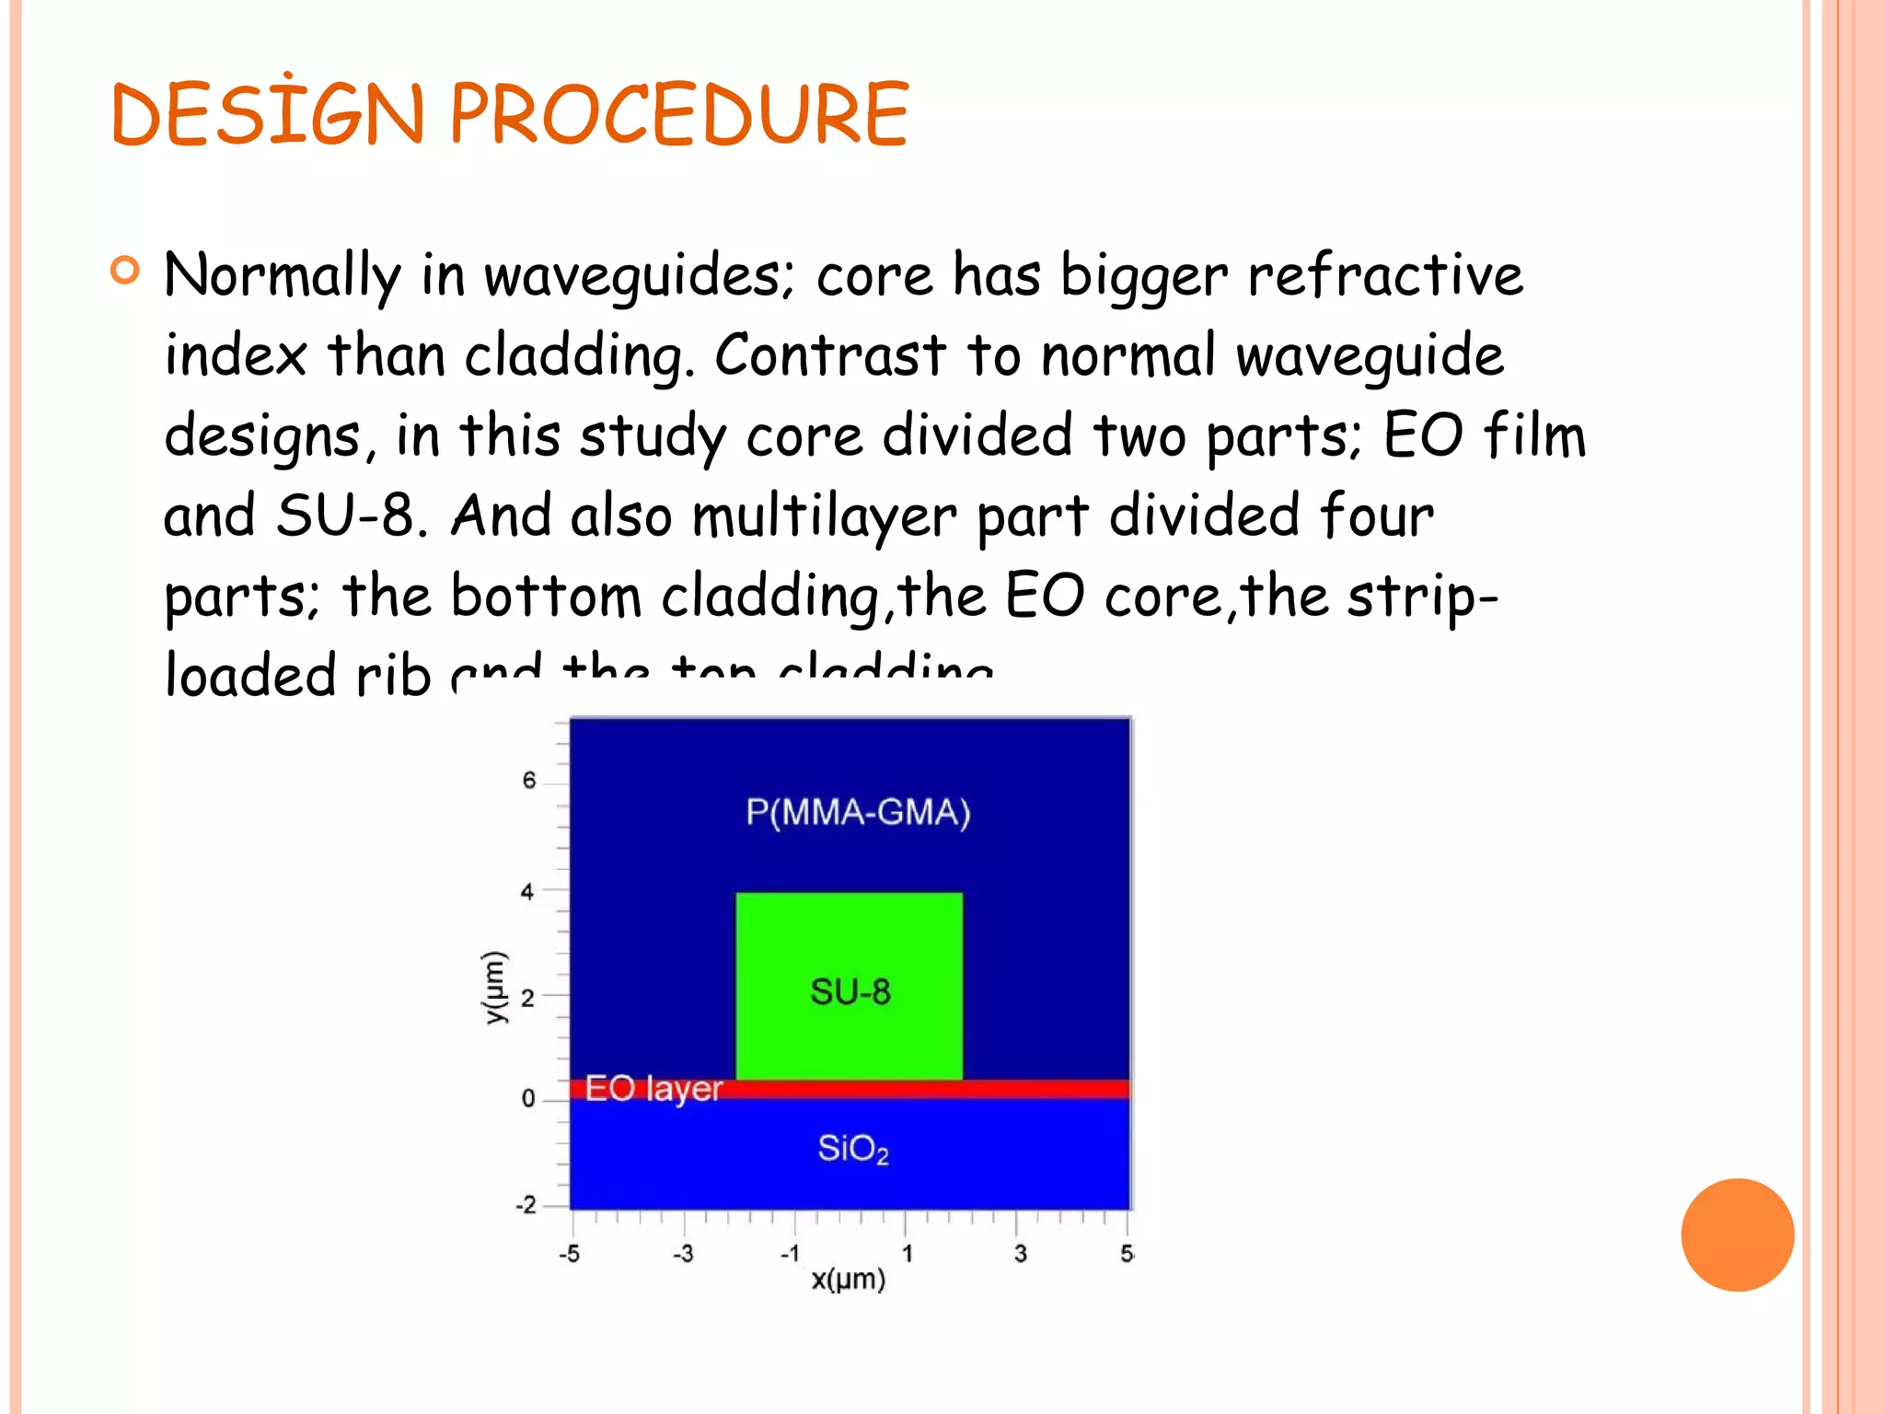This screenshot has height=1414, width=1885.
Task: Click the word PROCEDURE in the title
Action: tap(678, 114)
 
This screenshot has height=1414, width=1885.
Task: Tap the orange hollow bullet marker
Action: tap(124, 271)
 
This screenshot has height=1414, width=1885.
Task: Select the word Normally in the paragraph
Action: tap(282, 276)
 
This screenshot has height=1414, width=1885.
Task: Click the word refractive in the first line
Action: tap(1384, 274)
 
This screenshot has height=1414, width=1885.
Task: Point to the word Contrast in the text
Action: tap(829, 354)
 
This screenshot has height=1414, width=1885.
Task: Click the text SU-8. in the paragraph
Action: tap(352, 515)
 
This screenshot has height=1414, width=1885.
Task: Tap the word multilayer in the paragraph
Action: tap(824, 516)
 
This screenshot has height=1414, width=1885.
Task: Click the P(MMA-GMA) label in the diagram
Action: tap(857, 812)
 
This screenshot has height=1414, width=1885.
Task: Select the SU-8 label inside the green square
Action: tap(850, 991)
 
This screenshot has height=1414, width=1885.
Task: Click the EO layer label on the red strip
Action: tap(653, 1089)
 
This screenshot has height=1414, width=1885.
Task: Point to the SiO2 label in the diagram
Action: tap(852, 1149)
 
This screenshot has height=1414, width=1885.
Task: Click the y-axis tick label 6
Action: tap(528, 782)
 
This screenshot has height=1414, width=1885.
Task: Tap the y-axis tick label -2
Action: tap(526, 1205)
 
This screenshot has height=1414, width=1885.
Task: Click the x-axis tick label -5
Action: tap(570, 1254)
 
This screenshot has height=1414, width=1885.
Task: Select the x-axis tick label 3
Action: tap(1020, 1254)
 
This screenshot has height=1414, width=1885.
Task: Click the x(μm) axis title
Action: tap(848, 1280)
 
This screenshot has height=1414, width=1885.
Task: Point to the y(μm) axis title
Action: tap(495, 987)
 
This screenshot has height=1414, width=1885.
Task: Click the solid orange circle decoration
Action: tap(1737, 1234)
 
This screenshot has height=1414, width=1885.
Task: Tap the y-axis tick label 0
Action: tap(528, 1098)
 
